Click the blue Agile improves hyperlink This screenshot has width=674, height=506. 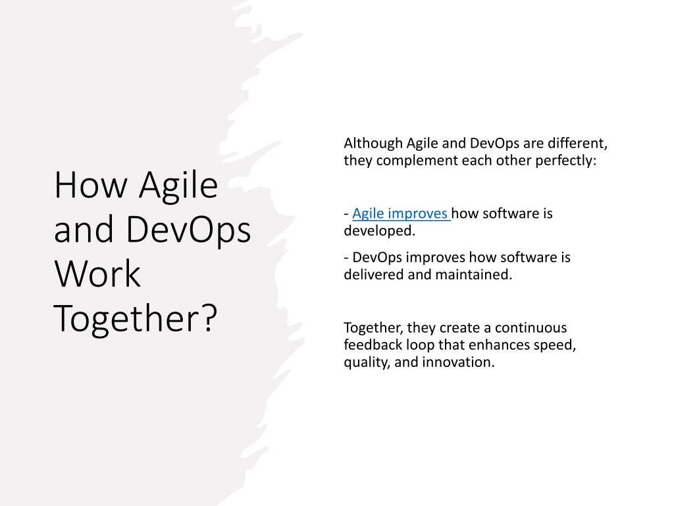coord(400,214)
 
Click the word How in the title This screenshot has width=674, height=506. coord(91,185)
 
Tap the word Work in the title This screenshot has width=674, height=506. coord(97,273)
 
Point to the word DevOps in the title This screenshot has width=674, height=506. coord(188,229)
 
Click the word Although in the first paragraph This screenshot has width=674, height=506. coord(373,143)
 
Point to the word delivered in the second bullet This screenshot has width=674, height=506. coord(374,274)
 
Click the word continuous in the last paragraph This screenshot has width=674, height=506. coord(531,328)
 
